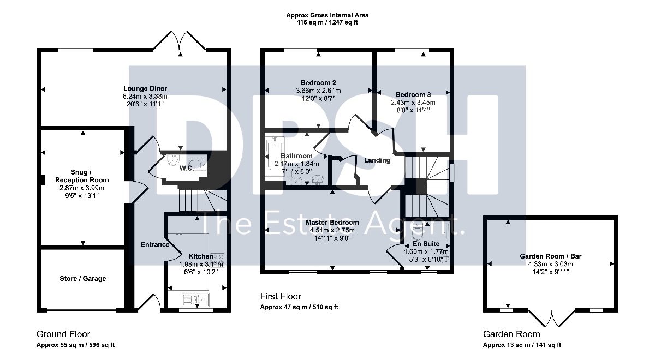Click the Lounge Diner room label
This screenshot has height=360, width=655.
point(145,88)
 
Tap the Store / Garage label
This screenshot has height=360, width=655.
point(83,279)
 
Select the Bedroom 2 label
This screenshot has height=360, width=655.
point(318,83)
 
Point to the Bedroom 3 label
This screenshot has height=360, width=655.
point(413,95)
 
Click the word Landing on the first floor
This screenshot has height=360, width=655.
point(377,160)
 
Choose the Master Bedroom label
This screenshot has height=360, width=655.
point(332,223)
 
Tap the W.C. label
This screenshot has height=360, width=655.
point(187,169)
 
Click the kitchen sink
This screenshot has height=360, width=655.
point(196,299)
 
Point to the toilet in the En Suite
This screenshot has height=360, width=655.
point(418,231)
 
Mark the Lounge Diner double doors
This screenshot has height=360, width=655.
point(179,41)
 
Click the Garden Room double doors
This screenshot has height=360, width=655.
point(552,319)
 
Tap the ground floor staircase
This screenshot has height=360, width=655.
point(203,200)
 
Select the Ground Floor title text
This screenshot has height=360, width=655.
point(63,334)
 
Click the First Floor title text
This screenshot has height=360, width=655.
point(281,296)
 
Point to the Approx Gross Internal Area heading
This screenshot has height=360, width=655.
point(327,15)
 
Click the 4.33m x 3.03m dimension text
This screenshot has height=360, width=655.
point(550,264)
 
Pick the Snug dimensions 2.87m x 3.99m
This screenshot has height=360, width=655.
point(82,188)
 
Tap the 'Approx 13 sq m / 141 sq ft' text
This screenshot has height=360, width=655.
point(522,345)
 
